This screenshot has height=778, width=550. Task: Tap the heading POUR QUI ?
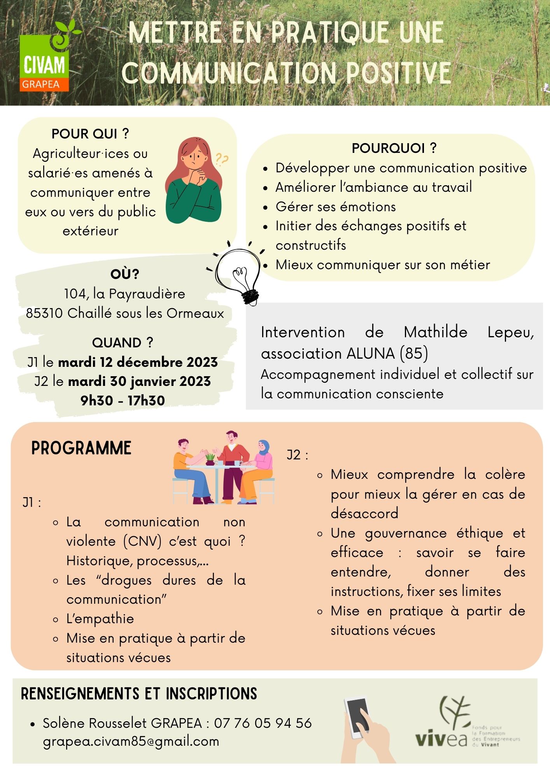(90, 134)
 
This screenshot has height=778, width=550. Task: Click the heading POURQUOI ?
(394, 148)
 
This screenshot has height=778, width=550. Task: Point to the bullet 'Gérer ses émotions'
(335, 207)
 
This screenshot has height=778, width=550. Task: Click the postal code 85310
(45, 313)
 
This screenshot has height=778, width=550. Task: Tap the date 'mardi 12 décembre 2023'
(138, 362)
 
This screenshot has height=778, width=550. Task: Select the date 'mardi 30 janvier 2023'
(139, 381)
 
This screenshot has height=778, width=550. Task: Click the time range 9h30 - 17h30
(123, 400)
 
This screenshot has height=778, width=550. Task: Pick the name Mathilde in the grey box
(435, 332)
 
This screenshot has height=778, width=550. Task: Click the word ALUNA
(370, 353)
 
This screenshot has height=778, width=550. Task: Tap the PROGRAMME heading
(81, 448)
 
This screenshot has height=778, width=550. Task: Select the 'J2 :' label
(297, 455)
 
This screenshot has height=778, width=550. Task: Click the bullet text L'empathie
(100, 619)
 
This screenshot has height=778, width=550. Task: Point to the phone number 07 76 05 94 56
(263, 723)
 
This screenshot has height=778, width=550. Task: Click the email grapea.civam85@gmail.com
(131, 741)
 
